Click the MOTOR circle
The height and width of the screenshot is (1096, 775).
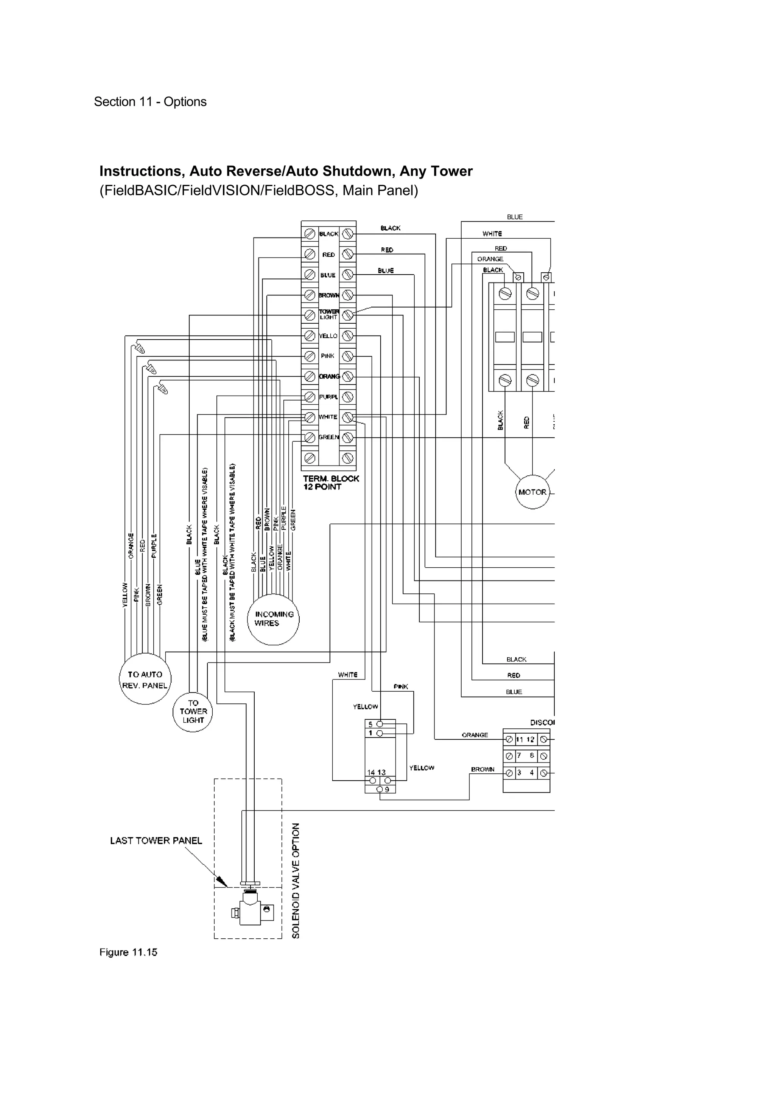point(532,492)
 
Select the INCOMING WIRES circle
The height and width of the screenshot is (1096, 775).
point(273,619)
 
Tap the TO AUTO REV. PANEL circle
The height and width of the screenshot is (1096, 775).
point(145,679)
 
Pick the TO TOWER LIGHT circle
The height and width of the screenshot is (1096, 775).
point(193,712)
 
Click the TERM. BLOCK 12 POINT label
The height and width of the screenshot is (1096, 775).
point(330,483)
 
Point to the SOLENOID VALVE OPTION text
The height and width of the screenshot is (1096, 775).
point(296,881)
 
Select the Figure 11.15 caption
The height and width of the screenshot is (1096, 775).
point(128,952)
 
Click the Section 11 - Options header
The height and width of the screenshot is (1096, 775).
point(150,102)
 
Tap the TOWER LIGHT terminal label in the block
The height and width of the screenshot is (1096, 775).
point(328,315)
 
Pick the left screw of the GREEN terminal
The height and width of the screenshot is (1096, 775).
point(310,437)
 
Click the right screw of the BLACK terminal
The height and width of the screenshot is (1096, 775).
point(348,234)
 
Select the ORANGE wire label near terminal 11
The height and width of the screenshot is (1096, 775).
point(475,735)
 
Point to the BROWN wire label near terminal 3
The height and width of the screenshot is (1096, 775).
point(482,769)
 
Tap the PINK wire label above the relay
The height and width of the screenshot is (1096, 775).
point(401,686)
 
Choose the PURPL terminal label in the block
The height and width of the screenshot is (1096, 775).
point(328,397)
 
